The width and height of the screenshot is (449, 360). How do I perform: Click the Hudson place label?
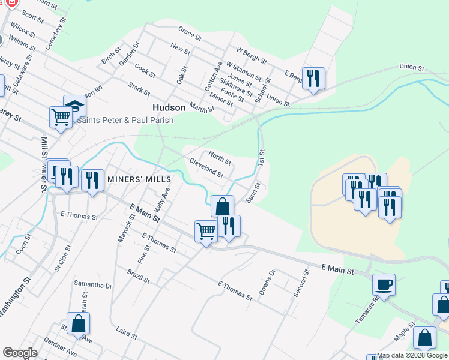168,107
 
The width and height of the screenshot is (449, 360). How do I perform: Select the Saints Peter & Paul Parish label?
125,120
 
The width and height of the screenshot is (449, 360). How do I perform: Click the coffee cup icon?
384,284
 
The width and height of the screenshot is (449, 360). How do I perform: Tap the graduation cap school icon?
75,106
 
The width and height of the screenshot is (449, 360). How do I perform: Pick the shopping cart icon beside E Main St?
206,230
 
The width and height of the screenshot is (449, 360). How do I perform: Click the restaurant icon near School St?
313,78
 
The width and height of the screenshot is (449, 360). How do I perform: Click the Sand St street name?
253,193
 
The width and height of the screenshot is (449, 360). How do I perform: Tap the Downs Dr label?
267,282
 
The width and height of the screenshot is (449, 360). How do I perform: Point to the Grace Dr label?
190,33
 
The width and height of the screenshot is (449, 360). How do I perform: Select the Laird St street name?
127,333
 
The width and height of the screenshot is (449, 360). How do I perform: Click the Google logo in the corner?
20,353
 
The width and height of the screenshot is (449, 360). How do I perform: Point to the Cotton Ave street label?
214,76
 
